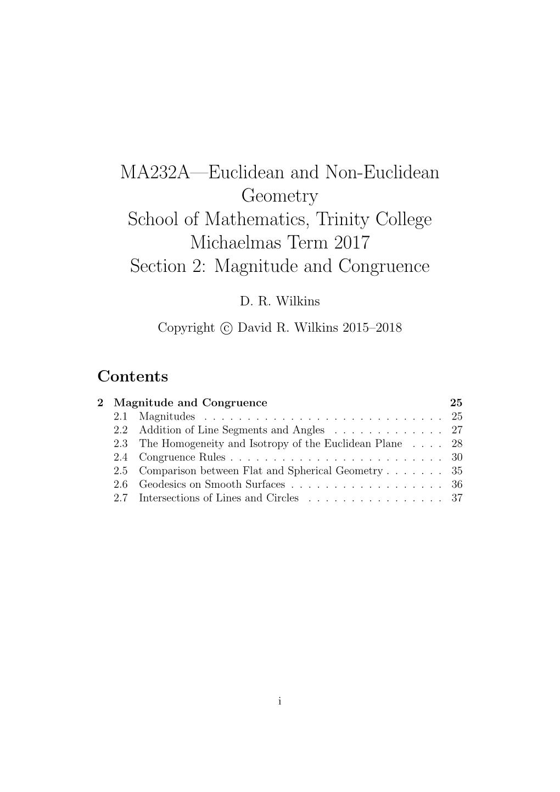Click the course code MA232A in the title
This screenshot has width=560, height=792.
[x=154, y=172]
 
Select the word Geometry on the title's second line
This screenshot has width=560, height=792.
[x=279, y=196]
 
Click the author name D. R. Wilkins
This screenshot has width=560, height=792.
[x=279, y=301]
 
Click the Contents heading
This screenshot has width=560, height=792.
[x=132, y=377]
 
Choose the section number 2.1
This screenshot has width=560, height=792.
[x=121, y=416]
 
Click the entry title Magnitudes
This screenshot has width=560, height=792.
[x=167, y=416]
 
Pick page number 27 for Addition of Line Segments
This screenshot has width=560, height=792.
[x=457, y=430]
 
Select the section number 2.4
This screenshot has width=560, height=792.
[x=121, y=457]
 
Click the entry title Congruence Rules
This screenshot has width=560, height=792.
[x=182, y=457]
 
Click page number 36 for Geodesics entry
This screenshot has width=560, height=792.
[x=457, y=484]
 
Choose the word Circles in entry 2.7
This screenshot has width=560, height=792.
[x=282, y=498]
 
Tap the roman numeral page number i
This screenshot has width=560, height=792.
[x=279, y=701]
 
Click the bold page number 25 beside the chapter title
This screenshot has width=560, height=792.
[x=456, y=403]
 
